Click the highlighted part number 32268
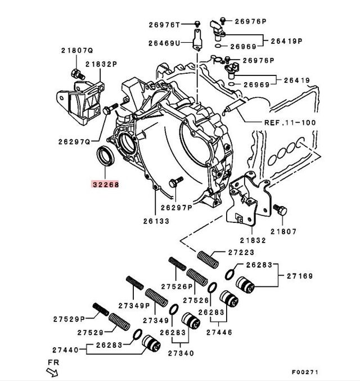pos(106,183)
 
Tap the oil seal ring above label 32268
pos(105,155)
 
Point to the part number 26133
pos(155,221)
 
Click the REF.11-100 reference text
pos(290,122)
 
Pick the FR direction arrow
pos(54,370)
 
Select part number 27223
pos(241,253)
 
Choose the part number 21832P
pos(101,64)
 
